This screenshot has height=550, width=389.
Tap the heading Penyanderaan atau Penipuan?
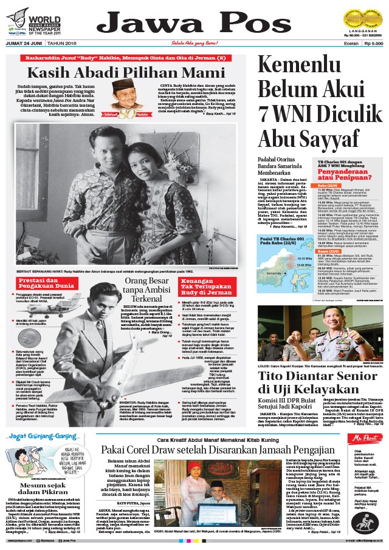(x=334, y=173)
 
